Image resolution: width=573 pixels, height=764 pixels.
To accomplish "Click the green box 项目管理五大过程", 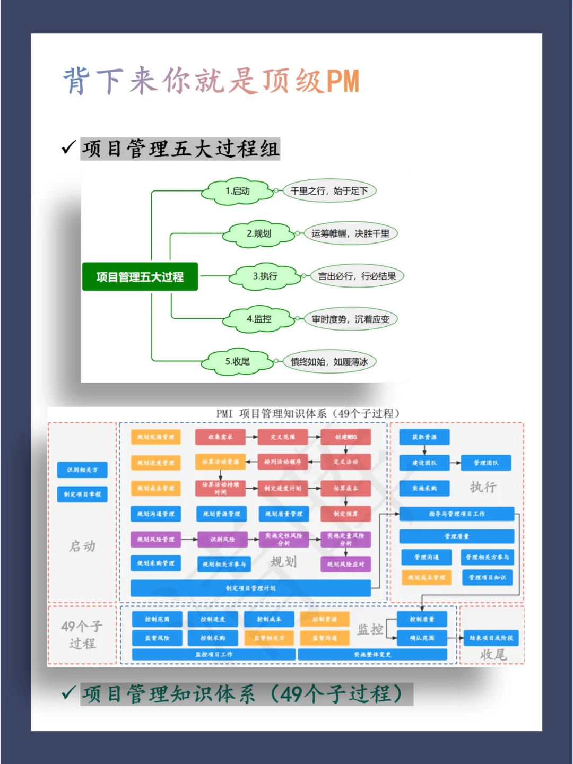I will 140,276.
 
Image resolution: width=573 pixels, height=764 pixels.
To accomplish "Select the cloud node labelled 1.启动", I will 237,191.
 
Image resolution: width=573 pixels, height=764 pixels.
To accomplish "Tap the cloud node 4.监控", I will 259,319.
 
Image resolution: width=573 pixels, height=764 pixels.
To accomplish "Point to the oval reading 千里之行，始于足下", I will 329,191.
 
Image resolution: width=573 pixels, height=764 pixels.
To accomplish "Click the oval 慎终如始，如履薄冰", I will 329,362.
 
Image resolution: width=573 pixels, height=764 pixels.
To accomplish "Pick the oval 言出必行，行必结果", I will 357,276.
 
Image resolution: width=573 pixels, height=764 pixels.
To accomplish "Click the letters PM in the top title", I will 343,81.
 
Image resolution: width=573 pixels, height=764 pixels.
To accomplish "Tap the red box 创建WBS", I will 346,437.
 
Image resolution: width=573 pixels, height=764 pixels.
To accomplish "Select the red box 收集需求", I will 220,437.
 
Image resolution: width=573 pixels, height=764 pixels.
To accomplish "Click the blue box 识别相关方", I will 82,470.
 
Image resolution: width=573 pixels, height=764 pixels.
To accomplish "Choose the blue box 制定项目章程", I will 82,494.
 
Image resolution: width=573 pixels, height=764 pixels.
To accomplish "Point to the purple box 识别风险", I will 222,539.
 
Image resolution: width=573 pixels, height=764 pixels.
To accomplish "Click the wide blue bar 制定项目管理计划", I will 250,588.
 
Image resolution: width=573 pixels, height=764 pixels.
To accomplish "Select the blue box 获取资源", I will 424,437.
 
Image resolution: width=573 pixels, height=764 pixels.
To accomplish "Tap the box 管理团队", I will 486,463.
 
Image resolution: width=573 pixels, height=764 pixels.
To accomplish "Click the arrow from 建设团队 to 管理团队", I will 455,463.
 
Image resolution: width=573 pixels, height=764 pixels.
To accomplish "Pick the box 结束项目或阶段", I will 491,638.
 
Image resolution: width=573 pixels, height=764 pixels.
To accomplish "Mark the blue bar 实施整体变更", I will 372,655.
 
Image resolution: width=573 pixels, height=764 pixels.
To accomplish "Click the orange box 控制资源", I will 325,619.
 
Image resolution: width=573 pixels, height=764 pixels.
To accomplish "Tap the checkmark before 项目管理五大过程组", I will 68,147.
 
